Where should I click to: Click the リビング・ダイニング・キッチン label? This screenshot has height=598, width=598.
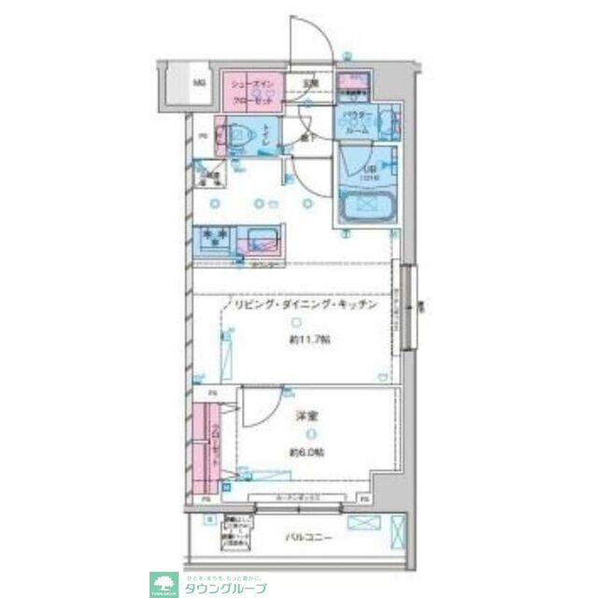click(305, 306)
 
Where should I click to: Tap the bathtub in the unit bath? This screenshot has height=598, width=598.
click(366, 206)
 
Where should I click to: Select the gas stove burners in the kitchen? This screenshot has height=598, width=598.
click(216, 240)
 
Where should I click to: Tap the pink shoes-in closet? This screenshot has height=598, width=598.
click(250, 92)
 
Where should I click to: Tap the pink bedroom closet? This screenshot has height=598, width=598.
click(208, 448)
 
